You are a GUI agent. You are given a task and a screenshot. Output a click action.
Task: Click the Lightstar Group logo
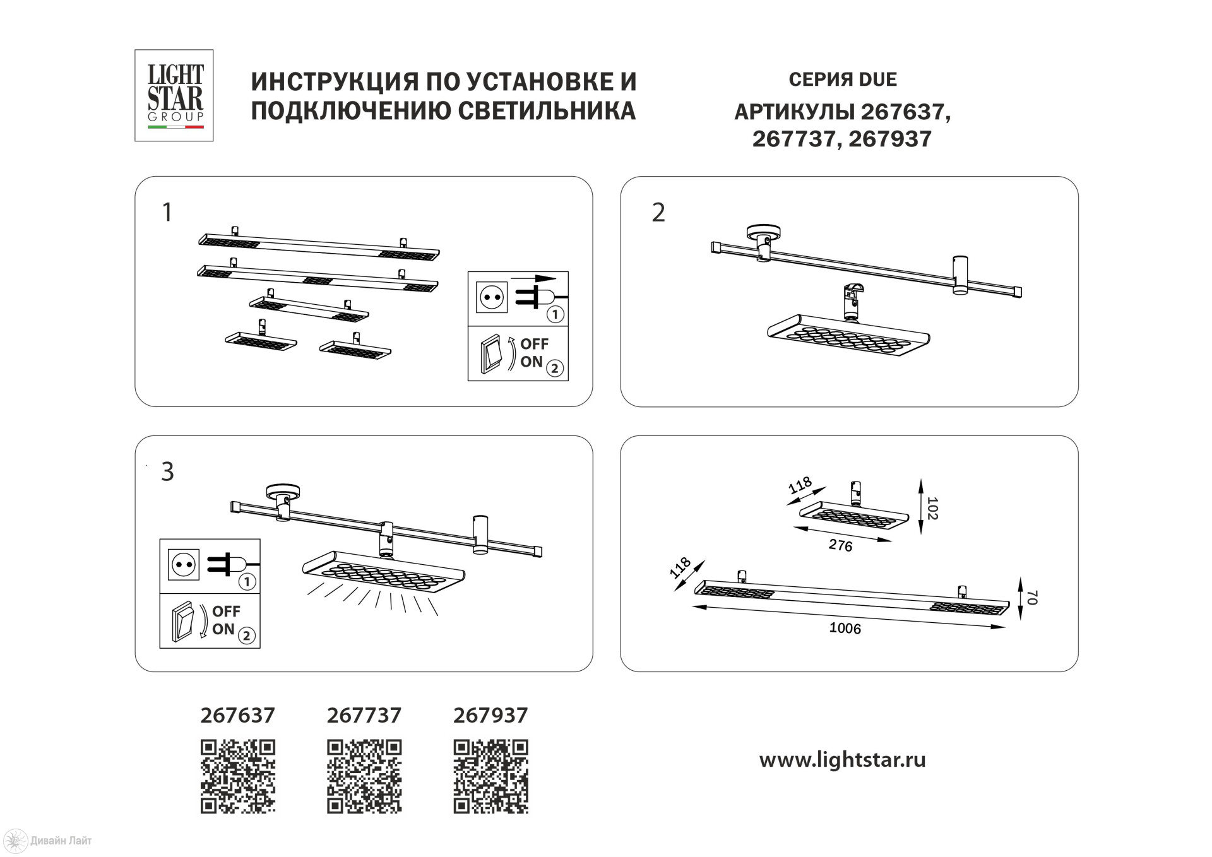click(174, 95)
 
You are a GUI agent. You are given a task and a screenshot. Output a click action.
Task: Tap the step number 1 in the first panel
click(167, 213)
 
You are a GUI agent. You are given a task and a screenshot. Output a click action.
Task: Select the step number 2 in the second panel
click(658, 213)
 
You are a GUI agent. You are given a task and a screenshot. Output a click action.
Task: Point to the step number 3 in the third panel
click(167, 471)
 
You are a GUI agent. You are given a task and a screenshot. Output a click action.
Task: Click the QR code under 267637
click(238, 776)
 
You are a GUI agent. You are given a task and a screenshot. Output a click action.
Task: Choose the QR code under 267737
click(364, 776)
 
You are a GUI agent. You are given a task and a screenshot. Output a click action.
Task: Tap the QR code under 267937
click(490, 776)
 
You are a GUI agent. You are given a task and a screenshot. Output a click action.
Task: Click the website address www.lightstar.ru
click(842, 759)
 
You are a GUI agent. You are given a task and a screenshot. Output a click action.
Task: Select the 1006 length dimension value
click(845, 628)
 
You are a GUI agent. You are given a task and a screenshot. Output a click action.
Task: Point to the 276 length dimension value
click(840, 545)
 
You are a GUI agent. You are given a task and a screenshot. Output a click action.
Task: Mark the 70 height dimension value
click(1032, 597)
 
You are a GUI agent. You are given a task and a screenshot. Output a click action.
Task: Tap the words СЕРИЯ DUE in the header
click(843, 80)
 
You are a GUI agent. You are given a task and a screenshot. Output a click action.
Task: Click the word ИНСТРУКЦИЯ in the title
click(335, 81)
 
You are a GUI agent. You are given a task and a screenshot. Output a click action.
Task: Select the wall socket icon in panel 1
click(492, 297)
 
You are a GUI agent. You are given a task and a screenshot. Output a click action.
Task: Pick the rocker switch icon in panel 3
click(183, 622)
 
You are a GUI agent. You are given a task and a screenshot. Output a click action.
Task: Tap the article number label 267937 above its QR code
click(490, 715)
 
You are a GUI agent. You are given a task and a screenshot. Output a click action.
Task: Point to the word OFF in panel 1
click(534, 344)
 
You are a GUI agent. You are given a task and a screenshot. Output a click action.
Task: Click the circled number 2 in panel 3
click(247, 635)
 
